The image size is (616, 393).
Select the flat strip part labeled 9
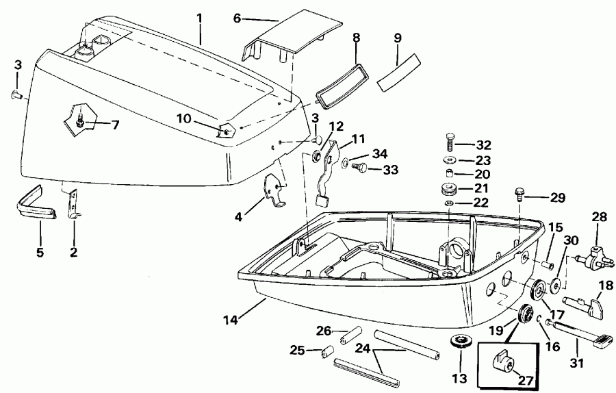tap(399, 73)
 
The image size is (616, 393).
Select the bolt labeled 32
tap(450, 144)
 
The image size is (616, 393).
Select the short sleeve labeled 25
tap(327, 353)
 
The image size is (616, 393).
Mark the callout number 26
tap(322, 331)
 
